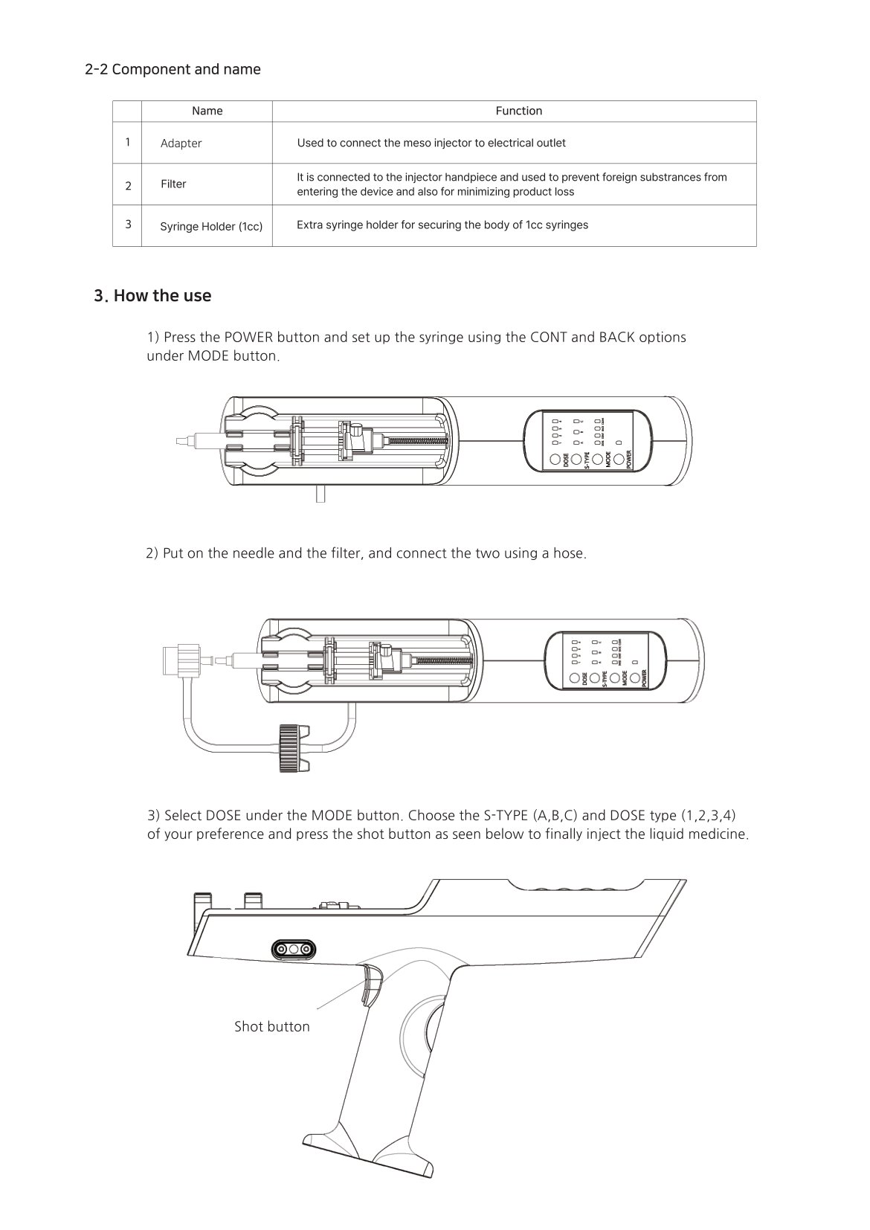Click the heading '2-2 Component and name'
point(173,70)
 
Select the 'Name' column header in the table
point(207,111)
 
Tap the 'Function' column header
point(518,111)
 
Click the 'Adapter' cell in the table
point(181,144)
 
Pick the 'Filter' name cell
point(173,184)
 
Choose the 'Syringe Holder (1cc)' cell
point(211,226)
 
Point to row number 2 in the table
point(128,186)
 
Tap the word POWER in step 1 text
point(248,337)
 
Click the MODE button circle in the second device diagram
point(615,678)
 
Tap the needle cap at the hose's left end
point(179,658)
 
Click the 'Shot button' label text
point(271,1026)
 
